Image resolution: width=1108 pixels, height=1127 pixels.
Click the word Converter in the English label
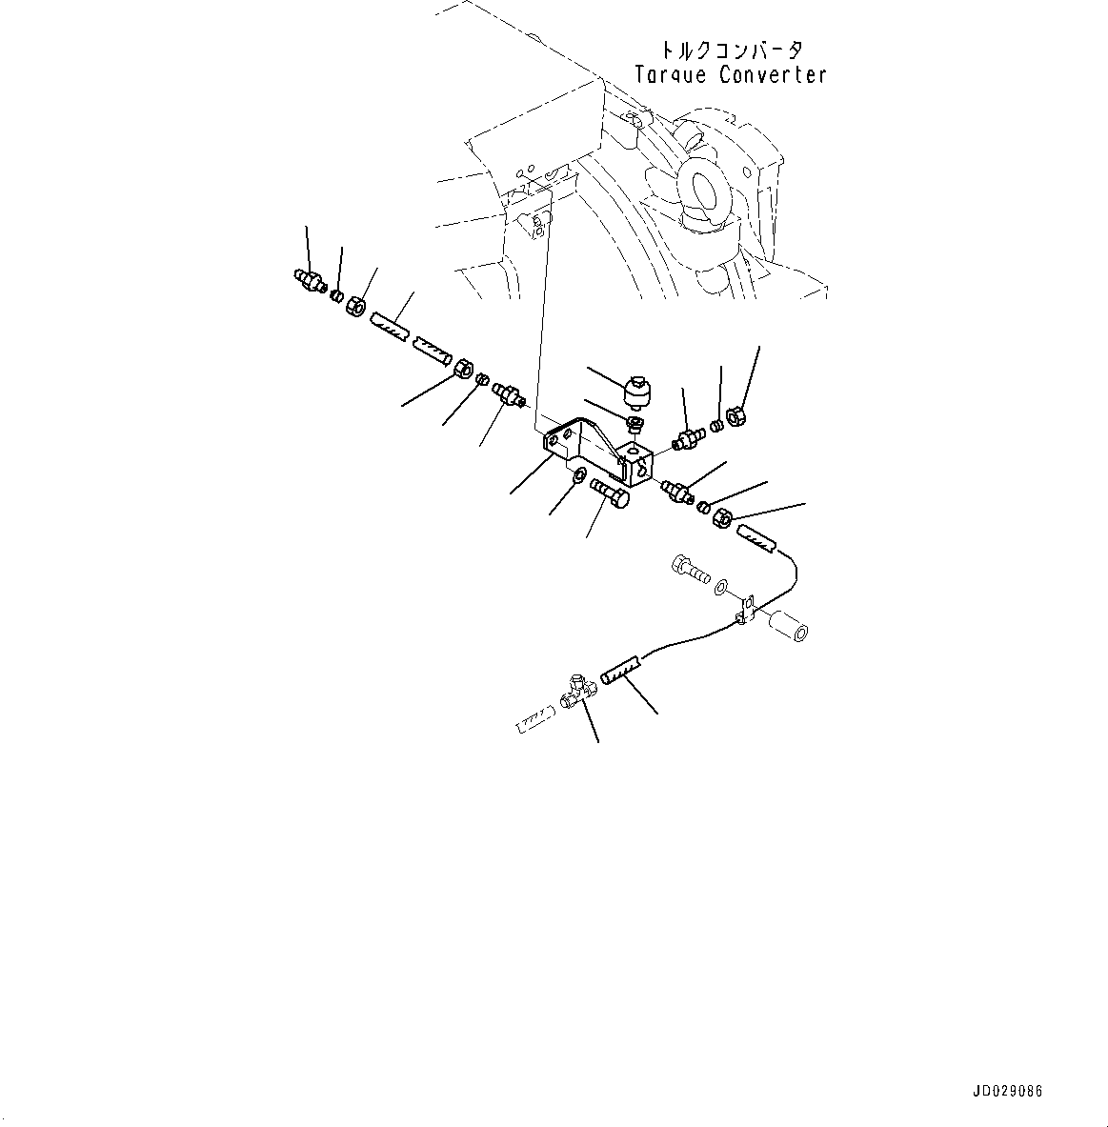click(x=773, y=75)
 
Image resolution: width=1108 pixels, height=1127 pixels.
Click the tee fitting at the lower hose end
click(x=576, y=689)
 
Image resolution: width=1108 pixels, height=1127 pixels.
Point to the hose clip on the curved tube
click(x=746, y=610)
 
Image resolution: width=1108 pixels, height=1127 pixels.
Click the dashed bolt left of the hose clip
click(x=690, y=571)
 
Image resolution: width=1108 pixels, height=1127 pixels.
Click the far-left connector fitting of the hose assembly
click(x=307, y=278)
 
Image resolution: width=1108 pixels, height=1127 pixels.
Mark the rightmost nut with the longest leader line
click(x=735, y=415)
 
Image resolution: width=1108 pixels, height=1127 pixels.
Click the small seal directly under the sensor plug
click(x=635, y=422)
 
